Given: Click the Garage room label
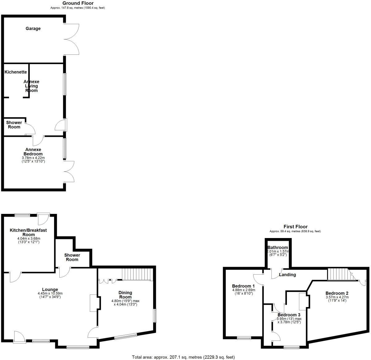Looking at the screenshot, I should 33,28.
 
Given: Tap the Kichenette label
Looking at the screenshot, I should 16,72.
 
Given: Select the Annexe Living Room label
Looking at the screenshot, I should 32,86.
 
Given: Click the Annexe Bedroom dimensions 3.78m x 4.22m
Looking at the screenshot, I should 33,159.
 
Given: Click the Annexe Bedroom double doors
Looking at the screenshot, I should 70,171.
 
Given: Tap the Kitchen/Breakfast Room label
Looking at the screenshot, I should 28,232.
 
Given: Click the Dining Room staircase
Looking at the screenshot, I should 137,274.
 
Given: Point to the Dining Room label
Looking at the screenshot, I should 125,295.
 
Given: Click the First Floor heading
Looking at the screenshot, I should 296,227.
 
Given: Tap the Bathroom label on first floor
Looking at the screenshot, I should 278,248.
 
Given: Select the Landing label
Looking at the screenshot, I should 288,275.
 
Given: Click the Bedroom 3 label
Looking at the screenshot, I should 289,315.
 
